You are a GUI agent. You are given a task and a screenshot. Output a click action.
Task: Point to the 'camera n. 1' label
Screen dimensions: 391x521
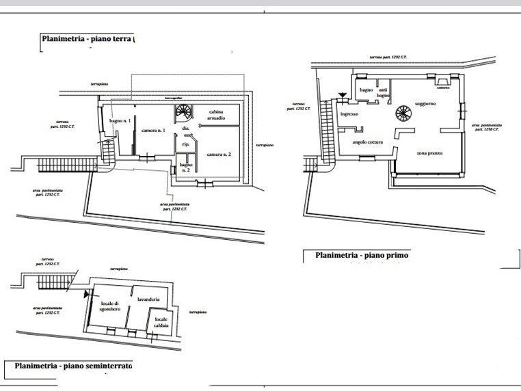point(155,130)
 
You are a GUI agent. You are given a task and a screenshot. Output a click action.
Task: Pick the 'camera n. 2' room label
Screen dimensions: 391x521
point(219,155)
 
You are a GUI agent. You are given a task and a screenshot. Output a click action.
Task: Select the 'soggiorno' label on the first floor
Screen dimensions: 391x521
point(425,104)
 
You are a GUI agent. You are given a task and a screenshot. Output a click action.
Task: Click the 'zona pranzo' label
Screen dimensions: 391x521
point(429,153)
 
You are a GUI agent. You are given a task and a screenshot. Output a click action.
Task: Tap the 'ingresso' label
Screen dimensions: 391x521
point(350,114)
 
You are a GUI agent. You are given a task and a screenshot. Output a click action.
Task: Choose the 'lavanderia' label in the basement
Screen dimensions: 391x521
point(148,299)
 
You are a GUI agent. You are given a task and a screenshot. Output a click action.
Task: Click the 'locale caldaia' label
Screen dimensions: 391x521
point(161,323)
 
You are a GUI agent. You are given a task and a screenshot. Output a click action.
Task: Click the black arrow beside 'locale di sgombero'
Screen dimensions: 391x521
point(86,295)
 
